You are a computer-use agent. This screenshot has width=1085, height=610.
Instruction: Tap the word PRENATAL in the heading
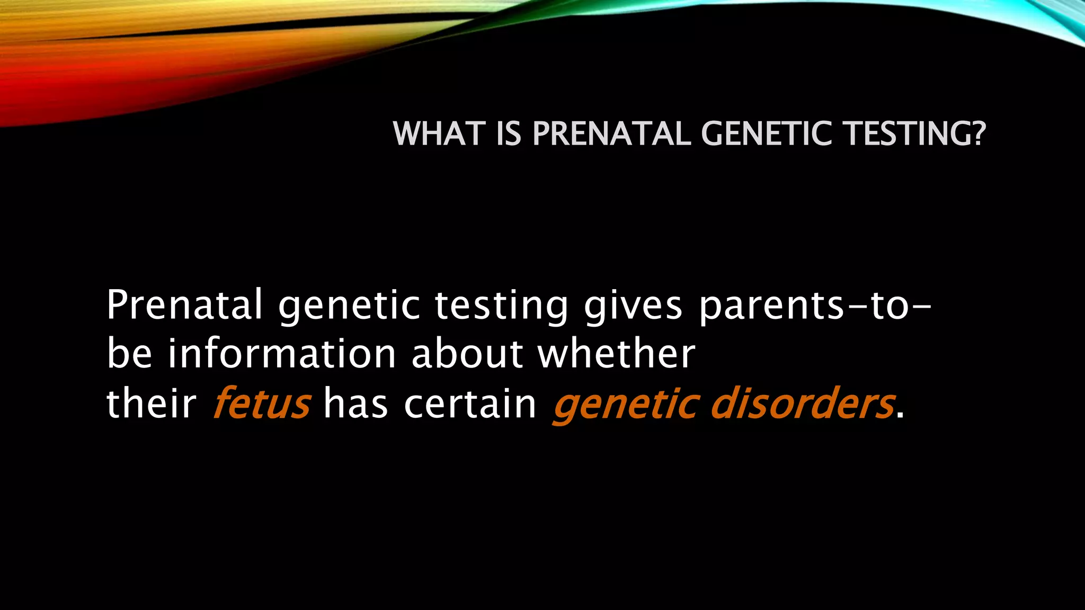611,133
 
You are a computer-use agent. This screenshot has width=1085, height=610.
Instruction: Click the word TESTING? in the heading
915,133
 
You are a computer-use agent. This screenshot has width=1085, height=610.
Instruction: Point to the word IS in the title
509,133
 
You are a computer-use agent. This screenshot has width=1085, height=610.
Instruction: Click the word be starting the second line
129,354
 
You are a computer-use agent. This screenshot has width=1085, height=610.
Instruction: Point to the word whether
616,354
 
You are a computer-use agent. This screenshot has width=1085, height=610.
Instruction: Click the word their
151,403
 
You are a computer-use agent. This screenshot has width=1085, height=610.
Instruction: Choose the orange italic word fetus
261,403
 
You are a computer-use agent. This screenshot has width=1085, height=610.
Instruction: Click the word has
355,403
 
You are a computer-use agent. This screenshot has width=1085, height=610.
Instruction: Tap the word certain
470,403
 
